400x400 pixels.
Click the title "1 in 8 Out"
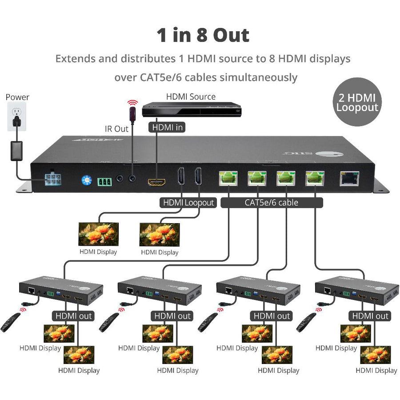coord(202,35)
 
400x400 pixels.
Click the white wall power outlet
coord(17,116)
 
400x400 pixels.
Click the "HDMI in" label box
coord(167,128)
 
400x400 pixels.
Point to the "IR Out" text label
coord(116,129)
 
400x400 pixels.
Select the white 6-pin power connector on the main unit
coord(53,179)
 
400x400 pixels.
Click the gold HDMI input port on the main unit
coord(157,182)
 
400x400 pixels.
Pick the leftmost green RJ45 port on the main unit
coord(228,178)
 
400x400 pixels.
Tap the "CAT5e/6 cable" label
coord(271,203)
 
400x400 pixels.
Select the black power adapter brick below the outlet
coord(17,151)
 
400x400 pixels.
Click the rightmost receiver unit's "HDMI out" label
coord(370,316)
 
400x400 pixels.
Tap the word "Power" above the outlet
coord(17,97)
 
